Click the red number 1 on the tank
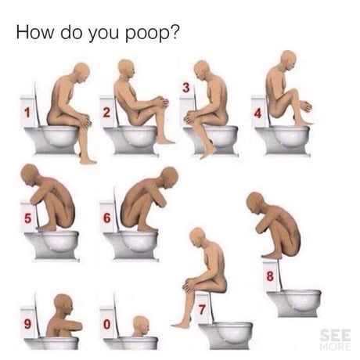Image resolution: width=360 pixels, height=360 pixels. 27,113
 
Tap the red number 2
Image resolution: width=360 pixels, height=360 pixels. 106,113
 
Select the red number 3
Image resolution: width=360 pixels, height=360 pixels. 185,88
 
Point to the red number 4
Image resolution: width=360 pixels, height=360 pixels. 257,113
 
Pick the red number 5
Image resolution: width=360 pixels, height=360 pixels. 27,218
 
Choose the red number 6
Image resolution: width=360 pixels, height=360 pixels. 107,218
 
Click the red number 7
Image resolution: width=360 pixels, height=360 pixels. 202,310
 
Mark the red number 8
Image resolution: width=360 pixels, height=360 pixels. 270,276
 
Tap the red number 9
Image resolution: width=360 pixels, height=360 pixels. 27,324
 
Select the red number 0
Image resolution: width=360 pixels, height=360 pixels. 107,325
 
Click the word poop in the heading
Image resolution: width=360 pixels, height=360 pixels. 146,34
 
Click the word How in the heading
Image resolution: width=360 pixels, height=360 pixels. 34,32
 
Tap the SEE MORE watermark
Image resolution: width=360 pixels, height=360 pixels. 335,340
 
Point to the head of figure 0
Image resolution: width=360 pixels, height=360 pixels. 141,326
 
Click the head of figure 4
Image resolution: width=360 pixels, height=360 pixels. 289,60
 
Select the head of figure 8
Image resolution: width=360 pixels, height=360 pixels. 254,202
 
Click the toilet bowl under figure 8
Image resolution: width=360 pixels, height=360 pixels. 294,303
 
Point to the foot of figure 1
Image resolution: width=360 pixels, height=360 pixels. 88,160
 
